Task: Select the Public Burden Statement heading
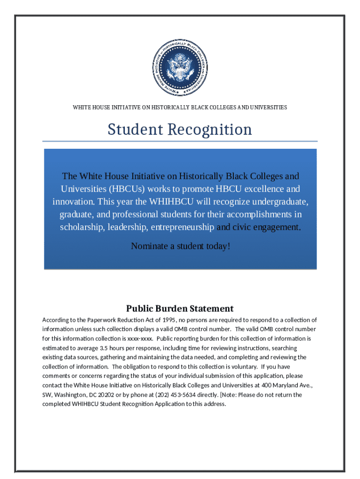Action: pos(180,309)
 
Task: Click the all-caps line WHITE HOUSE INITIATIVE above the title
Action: pos(180,108)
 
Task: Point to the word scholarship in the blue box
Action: pos(82,227)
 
